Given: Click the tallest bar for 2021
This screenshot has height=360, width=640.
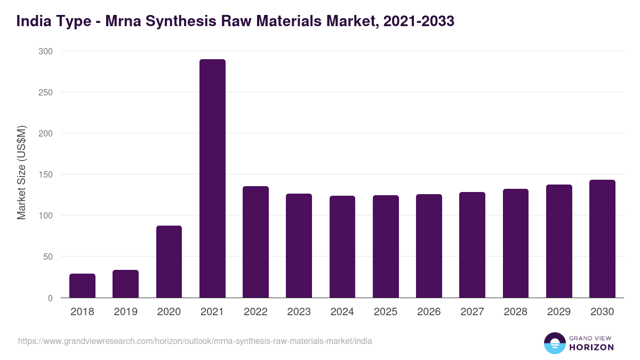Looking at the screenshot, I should pos(212,179).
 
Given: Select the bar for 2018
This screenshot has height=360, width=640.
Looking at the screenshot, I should pos(82,286).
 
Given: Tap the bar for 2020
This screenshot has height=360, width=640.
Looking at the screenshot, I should pos(169,262).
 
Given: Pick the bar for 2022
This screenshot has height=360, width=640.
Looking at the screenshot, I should pos(255,242).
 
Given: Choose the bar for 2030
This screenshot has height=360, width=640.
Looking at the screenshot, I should pos(602,239).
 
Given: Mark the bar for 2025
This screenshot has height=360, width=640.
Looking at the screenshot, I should pos(386,246).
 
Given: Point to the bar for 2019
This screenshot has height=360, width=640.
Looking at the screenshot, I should pos(125,284).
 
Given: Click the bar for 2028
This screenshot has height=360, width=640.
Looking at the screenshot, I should pos(515,243).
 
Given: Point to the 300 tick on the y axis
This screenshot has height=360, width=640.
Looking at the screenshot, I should pos(45,51).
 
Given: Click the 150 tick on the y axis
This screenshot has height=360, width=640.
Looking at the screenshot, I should pos(45,174).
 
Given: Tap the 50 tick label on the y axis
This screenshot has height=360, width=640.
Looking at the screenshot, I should pos(47,257).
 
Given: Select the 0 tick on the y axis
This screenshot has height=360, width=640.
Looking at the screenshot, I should pos(50,298).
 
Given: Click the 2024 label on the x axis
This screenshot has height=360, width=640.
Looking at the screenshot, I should pos(342,312).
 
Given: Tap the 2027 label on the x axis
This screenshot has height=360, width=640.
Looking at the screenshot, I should pos(472,312).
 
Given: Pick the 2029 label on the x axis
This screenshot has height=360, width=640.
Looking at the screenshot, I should pos(559,312).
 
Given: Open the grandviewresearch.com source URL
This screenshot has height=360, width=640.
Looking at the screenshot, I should pos(195,341).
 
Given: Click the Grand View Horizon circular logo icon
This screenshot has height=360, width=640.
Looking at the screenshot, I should pos(554,343).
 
